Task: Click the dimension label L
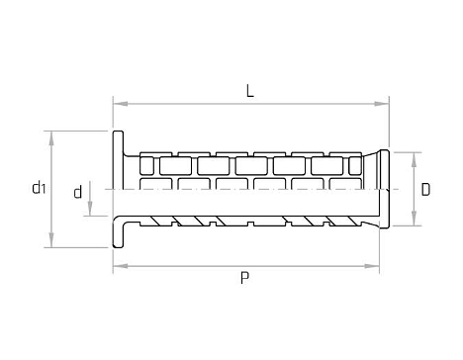click(x=250, y=91)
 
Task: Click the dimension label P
click(x=244, y=278)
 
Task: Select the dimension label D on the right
click(x=425, y=190)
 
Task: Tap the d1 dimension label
click(x=39, y=187)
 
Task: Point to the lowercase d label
click(x=78, y=192)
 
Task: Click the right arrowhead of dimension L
click(x=382, y=104)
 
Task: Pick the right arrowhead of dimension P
click(x=372, y=266)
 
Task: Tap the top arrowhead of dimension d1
click(x=51, y=138)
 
